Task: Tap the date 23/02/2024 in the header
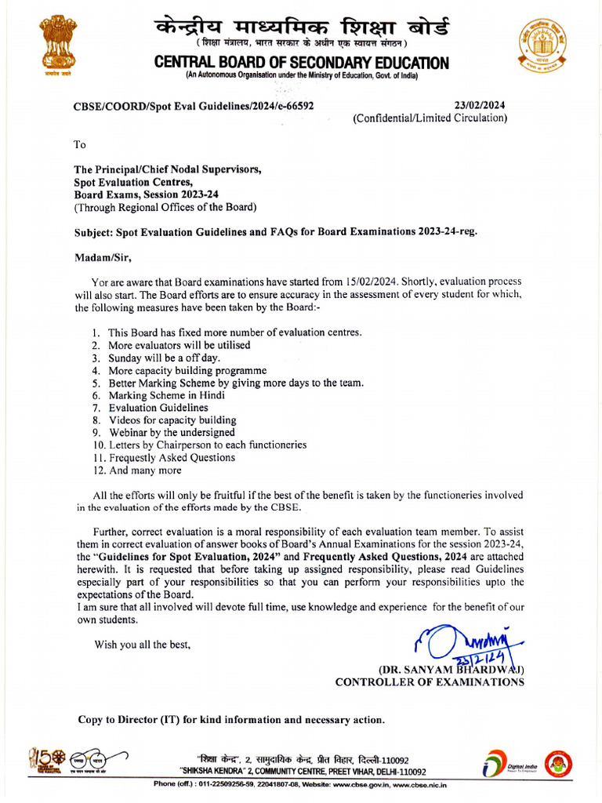[480, 105]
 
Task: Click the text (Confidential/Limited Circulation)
[430, 118]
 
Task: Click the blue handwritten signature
[462, 644]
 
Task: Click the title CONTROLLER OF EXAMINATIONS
[430, 682]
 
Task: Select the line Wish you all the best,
[142, 645]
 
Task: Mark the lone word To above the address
[80, 144]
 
